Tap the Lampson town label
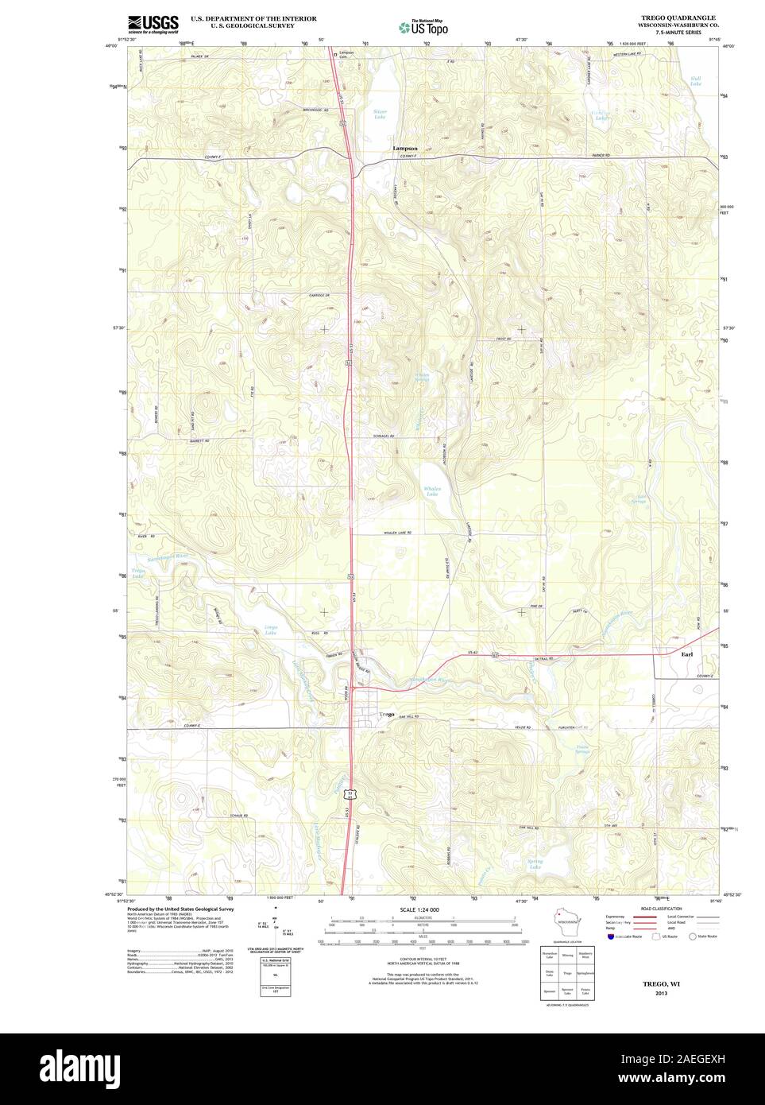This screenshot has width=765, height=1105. [404, 148]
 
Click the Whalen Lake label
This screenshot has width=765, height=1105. [431, 491]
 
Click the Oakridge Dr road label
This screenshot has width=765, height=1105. [319, 296]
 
